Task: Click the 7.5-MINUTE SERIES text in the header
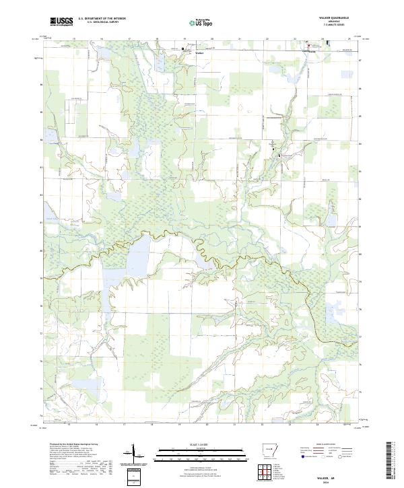[330, 26]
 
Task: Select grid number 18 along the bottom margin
[152, 425]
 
